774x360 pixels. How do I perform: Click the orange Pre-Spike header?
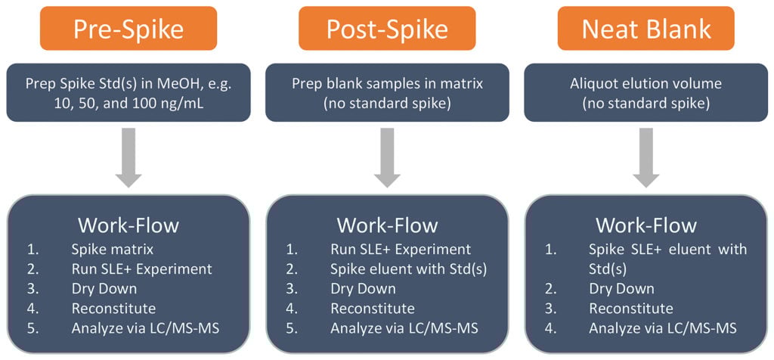tap(129, 29)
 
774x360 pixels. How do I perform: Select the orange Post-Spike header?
tap(387, 29)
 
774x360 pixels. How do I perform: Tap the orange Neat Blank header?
tap(646, 29)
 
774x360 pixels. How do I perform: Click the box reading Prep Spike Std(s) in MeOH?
tap(129, 92)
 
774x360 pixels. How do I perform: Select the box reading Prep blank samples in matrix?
tap(387, 92)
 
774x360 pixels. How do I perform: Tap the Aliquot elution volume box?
tap(646, 92)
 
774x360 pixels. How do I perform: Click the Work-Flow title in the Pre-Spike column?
tap(129, 225)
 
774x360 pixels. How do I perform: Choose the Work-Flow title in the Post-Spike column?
tap(387, 225)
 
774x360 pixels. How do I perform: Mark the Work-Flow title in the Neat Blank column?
tap(646, 225)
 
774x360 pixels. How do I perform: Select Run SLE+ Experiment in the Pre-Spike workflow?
tap(141, 268)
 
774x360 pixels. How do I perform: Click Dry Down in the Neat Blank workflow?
tap(621, 288)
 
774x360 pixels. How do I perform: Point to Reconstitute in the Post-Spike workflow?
tap(372, 308)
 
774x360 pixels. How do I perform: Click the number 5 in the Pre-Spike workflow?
tap(31, 327)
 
